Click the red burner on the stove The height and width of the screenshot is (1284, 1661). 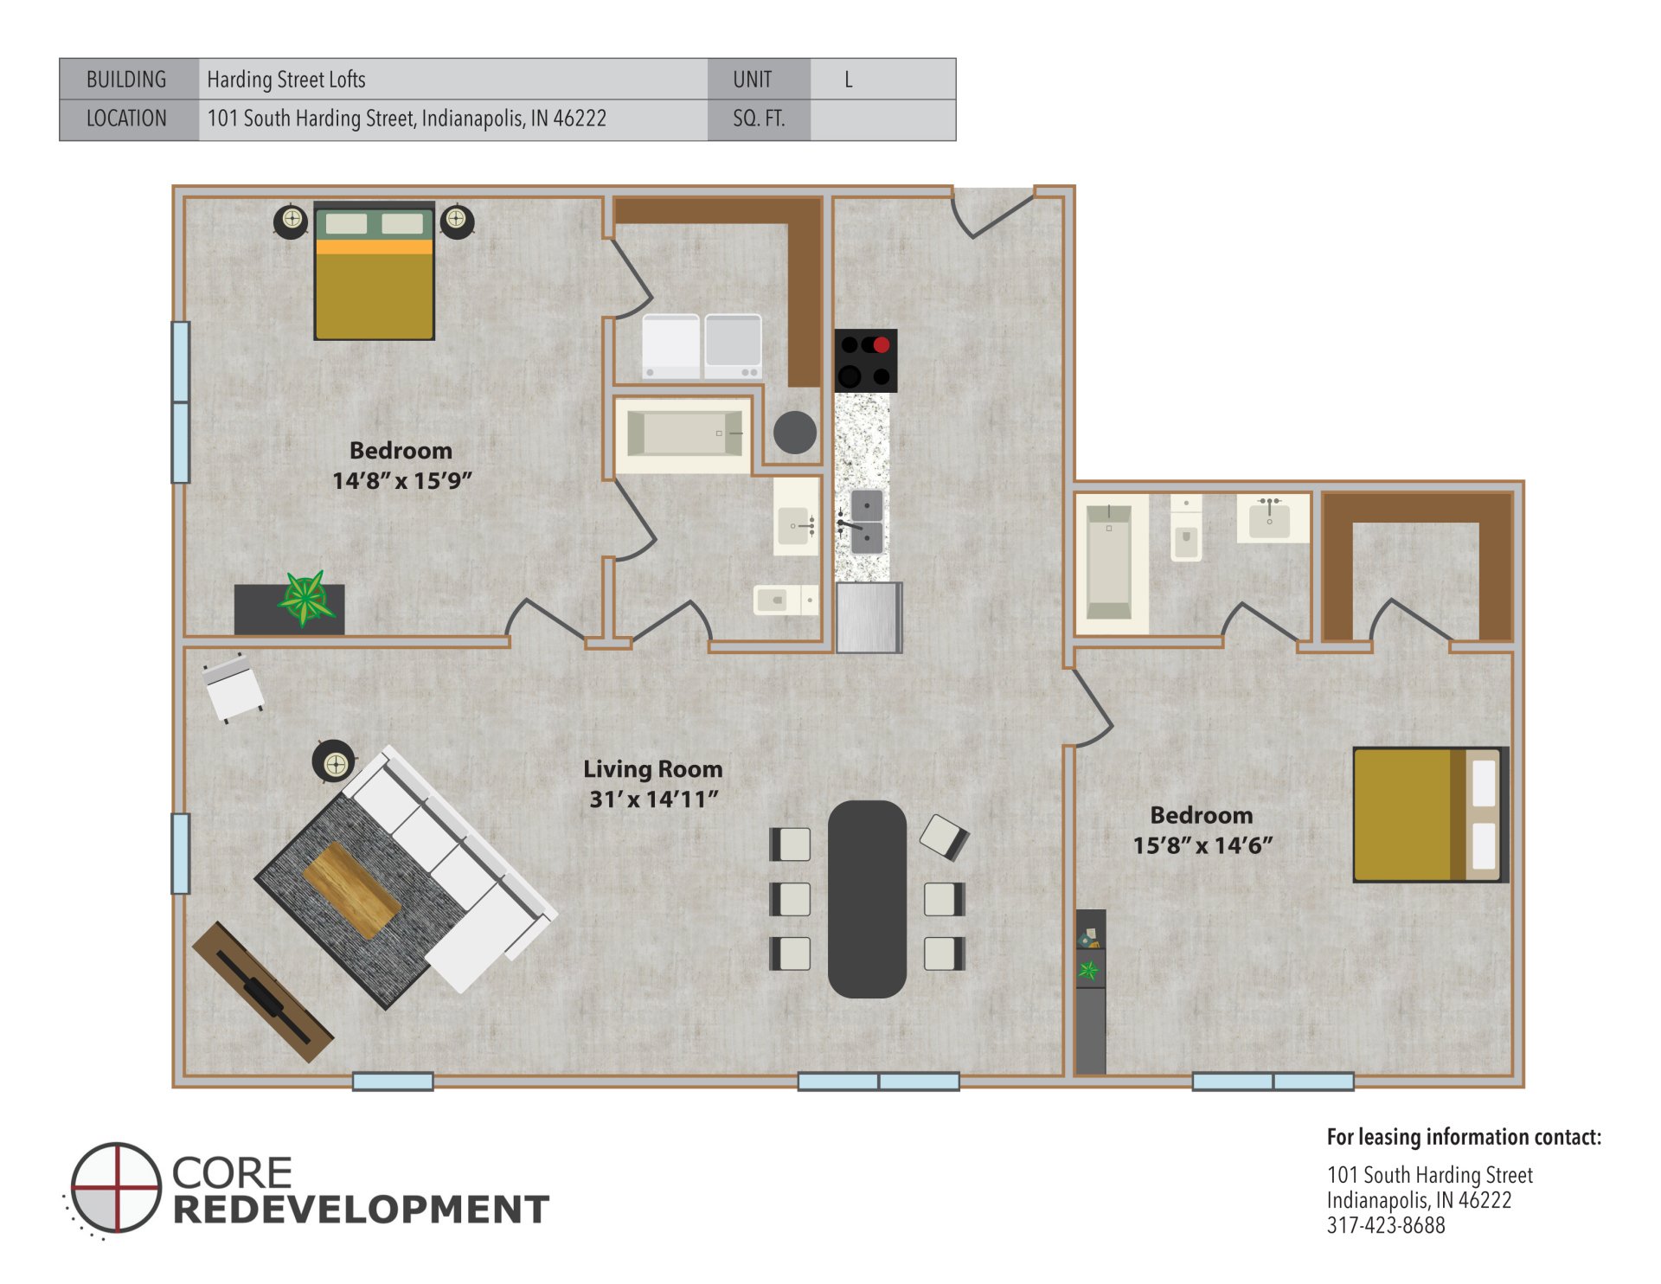881,345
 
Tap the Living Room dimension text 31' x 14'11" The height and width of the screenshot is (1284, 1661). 653,799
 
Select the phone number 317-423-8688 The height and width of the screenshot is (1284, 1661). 1385,1225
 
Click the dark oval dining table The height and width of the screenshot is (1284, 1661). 867,899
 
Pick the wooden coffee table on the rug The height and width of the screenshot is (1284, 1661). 351,890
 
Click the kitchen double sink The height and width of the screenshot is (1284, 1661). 867,522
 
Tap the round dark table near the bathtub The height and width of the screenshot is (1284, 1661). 794,432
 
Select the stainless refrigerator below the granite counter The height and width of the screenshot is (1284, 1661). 869,617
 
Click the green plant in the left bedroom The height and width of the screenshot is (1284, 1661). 305,598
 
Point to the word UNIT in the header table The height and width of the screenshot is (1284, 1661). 752,80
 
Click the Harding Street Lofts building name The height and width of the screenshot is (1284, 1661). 286,80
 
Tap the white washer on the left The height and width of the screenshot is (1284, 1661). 671,346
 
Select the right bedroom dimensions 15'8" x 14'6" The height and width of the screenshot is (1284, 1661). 1202,845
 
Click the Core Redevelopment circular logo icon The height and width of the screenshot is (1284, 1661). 116,1187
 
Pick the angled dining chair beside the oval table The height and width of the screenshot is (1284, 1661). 943,837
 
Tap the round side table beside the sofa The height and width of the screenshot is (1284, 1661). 334,762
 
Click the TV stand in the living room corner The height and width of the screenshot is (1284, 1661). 262,991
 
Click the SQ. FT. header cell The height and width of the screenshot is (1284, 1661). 759,119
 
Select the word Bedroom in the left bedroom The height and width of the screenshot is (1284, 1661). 401,451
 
